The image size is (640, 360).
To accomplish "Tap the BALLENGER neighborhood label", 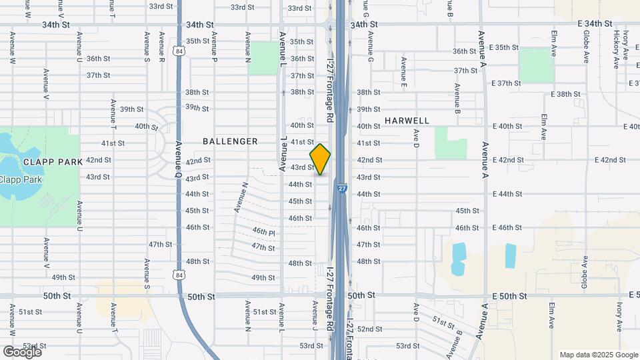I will (230, 141).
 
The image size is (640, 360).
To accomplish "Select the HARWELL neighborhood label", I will (407, 121).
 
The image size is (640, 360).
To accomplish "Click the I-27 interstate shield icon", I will (341, 189).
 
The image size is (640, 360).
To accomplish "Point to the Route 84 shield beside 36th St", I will (180, 51).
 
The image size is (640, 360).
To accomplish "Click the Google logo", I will (23, 351).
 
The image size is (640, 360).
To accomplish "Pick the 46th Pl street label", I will (263, 232).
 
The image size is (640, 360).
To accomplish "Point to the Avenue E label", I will (404, 72).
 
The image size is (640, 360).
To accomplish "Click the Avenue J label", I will (314, 316).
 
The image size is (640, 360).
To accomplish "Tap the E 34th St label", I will (596, 23).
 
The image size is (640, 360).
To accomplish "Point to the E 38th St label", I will (569, 94).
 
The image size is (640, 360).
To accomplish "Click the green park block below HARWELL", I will (451, 142).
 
